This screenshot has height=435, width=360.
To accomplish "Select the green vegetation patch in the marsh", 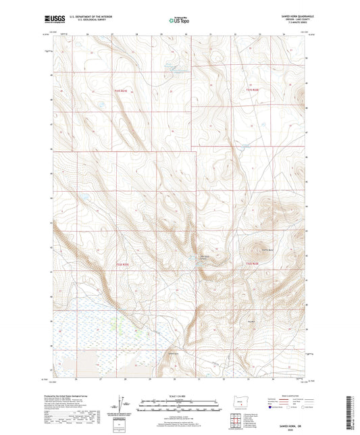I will click(140, 332).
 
